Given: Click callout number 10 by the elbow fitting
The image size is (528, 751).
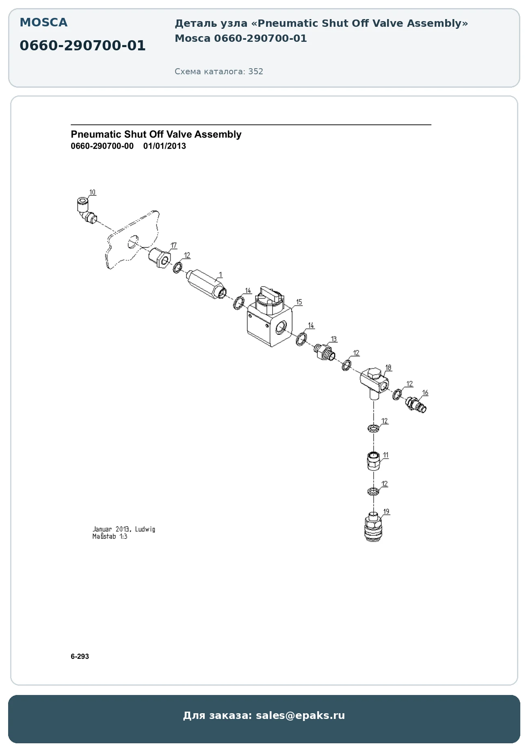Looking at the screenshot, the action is [x=93, y=192].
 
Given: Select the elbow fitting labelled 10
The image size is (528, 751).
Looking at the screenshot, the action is [x=86, y=211].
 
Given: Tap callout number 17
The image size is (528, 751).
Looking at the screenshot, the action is [x=174, y=245].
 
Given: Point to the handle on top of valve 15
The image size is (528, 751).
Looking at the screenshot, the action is [x=272, y=294].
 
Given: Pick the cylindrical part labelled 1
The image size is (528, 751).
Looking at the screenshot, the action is [x=206, y=283].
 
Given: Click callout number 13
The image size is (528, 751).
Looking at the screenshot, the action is [x=334, y=339].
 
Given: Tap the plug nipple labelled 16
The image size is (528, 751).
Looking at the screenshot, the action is [x=416, y=405].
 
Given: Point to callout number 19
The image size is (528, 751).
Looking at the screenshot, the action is [x=386, y=511].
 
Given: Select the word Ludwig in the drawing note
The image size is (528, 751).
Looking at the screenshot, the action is [x=145, y=529].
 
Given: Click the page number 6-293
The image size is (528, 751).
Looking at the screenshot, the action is [x=80, y=656].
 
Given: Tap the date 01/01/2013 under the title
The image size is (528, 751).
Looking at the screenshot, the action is [x=164, y=146].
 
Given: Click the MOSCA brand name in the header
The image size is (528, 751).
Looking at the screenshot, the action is [x=43, y=23].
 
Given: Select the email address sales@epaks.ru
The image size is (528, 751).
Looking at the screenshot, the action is [x=300, y=715].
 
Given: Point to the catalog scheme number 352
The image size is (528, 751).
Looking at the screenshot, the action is [x=256, y=71].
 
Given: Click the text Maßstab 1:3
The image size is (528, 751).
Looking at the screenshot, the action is [x=110, y=536].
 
